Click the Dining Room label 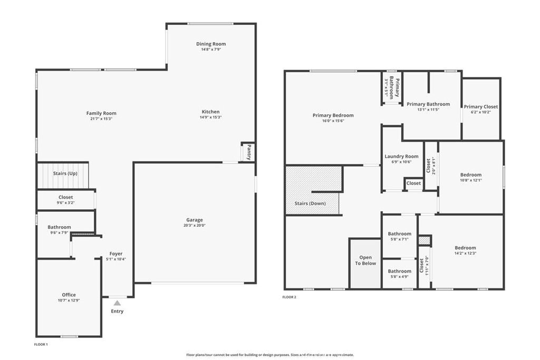[x=211, y=44]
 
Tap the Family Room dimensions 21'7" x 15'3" [x=101, y=119]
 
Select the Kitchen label [x=210, y=112]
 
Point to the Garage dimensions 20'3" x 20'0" [x=195, y=226]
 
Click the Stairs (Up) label [x=65, y=173]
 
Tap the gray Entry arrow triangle [x=118, y=303]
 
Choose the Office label [x=69, y=295]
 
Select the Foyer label [x=116, y=254]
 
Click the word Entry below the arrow [x=117, y=311]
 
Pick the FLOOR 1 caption [x=41, y=344]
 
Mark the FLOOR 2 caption [x=290, y=297]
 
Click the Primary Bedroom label [x=333, y=115]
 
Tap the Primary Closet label [x=481, y=106]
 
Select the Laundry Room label [x=401, y=156]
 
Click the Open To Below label [x=365, y=260]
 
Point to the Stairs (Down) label [x=310, y=203]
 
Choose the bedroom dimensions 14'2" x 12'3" [x=465, y=254]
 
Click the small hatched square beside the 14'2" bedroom [x=425, y=240]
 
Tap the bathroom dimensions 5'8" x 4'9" [x=400, y=276]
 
